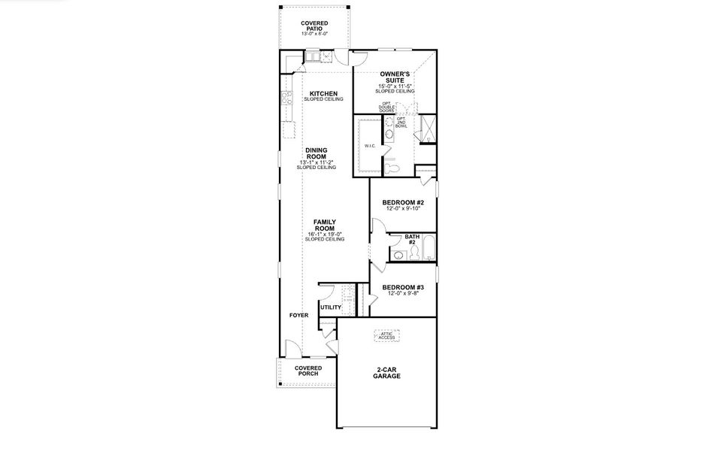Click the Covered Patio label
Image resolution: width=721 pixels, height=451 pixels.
314,26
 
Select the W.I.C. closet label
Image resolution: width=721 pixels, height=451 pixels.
370,146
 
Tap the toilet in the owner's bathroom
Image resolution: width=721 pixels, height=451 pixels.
391,159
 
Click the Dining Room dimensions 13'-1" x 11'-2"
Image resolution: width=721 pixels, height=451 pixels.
316,162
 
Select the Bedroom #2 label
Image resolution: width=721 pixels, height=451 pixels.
403,202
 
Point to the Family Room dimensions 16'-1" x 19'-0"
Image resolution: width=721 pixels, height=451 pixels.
325,235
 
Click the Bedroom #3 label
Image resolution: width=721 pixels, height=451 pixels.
403,288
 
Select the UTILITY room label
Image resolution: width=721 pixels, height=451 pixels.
330,307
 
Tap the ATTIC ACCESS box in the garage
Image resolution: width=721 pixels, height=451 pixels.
386,336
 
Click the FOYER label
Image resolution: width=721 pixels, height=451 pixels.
298,316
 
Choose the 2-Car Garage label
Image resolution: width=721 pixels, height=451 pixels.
386,373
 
